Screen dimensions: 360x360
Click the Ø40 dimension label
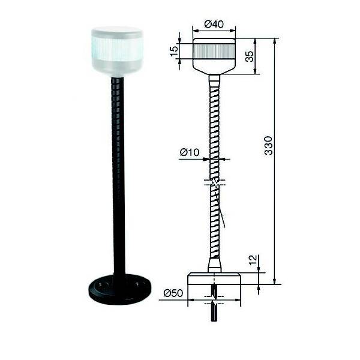pyautogui.click(x=214, y=23)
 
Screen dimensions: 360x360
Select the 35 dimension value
pyautogui.click(x=249, y=57)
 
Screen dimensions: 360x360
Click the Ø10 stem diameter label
pyautogui.click(x=189, y=153)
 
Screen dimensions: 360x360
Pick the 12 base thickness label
pyautogui.click(x=253, y=260)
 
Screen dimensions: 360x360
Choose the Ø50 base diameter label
pyautogui.click(x=173, y=293)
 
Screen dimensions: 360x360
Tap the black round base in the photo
pyautogui.click(x=116, y=291)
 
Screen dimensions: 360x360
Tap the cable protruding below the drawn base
pyautogui.click(x=214, y=309)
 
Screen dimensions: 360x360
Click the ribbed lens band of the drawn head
pyautogui.click(x=214, y=50)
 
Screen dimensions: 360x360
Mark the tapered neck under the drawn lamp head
pyautogui.click(x=214, y=74)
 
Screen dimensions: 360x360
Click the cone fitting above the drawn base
pyautogui.click(x=214, y=265)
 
